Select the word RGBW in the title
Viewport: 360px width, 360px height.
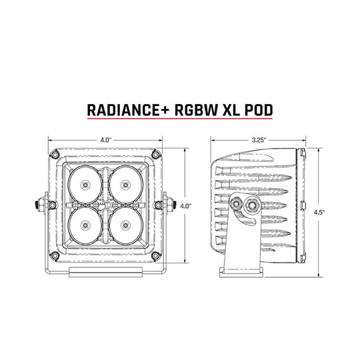[x=196, y=111]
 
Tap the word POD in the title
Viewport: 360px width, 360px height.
[x=258, y=111]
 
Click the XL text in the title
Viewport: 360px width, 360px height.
[x=231, y=111]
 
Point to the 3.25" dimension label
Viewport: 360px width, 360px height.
[x=259, y=140]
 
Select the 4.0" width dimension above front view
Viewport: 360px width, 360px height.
[x=105, y=140]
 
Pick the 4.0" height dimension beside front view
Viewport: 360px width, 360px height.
[x=185, y=206]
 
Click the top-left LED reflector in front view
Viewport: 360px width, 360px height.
[x=85, y=185]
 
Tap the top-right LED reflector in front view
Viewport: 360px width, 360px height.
[x=125, y=185]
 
